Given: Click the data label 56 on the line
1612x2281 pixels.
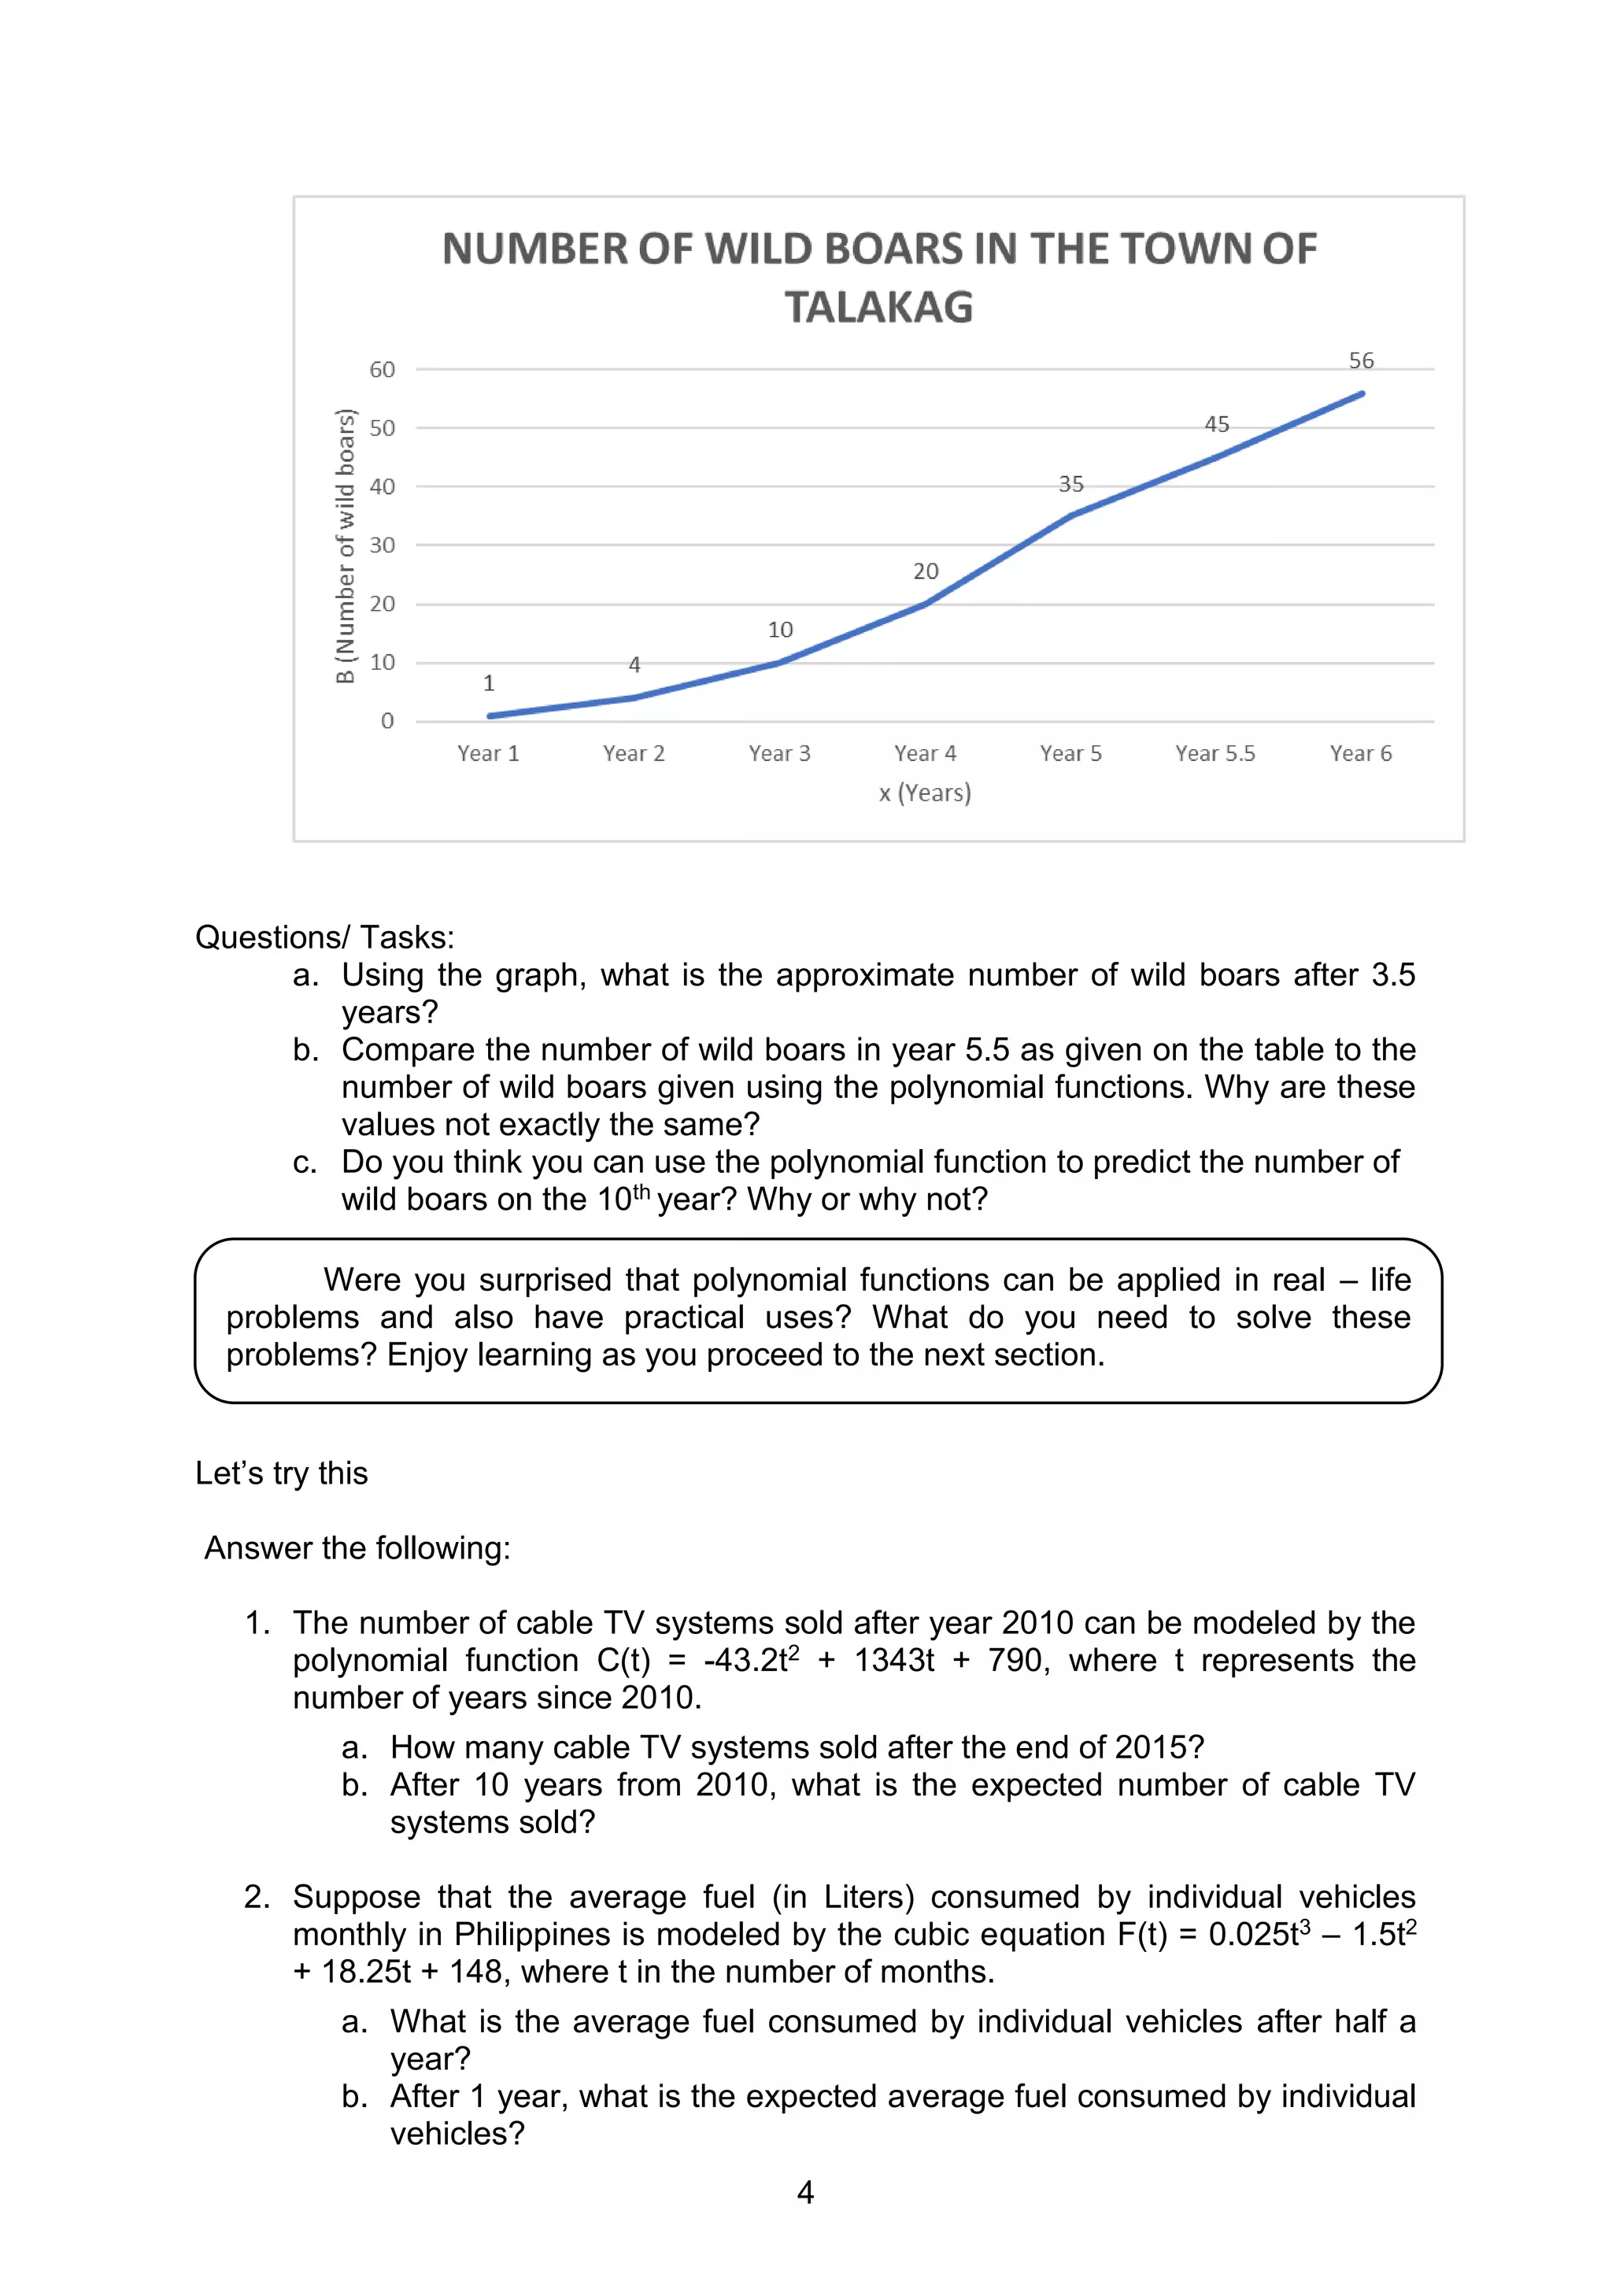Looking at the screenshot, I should pos(1361,360).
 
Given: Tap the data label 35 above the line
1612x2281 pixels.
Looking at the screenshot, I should pos(1070,484).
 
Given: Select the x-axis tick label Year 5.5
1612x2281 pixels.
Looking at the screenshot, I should pos(1215,753).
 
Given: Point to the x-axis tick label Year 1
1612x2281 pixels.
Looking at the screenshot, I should pos(488,753).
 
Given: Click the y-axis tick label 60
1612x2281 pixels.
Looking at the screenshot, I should pos(383,370).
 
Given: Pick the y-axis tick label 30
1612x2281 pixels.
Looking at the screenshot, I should pos(383,545).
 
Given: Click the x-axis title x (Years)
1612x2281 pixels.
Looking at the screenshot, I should pos(925,793).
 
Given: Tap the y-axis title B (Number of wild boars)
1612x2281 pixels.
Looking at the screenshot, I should pos(345,545).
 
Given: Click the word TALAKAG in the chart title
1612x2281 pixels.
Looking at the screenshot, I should pos(879,307).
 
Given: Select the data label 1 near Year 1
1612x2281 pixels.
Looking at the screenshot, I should pos(489,683).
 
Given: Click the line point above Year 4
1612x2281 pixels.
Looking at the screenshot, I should pos(926,603).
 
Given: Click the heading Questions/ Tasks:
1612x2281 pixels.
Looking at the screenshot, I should pos(325,937).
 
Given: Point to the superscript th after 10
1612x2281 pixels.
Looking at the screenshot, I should pos(641,1190).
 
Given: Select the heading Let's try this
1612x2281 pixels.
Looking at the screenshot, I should pos(281,1473).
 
